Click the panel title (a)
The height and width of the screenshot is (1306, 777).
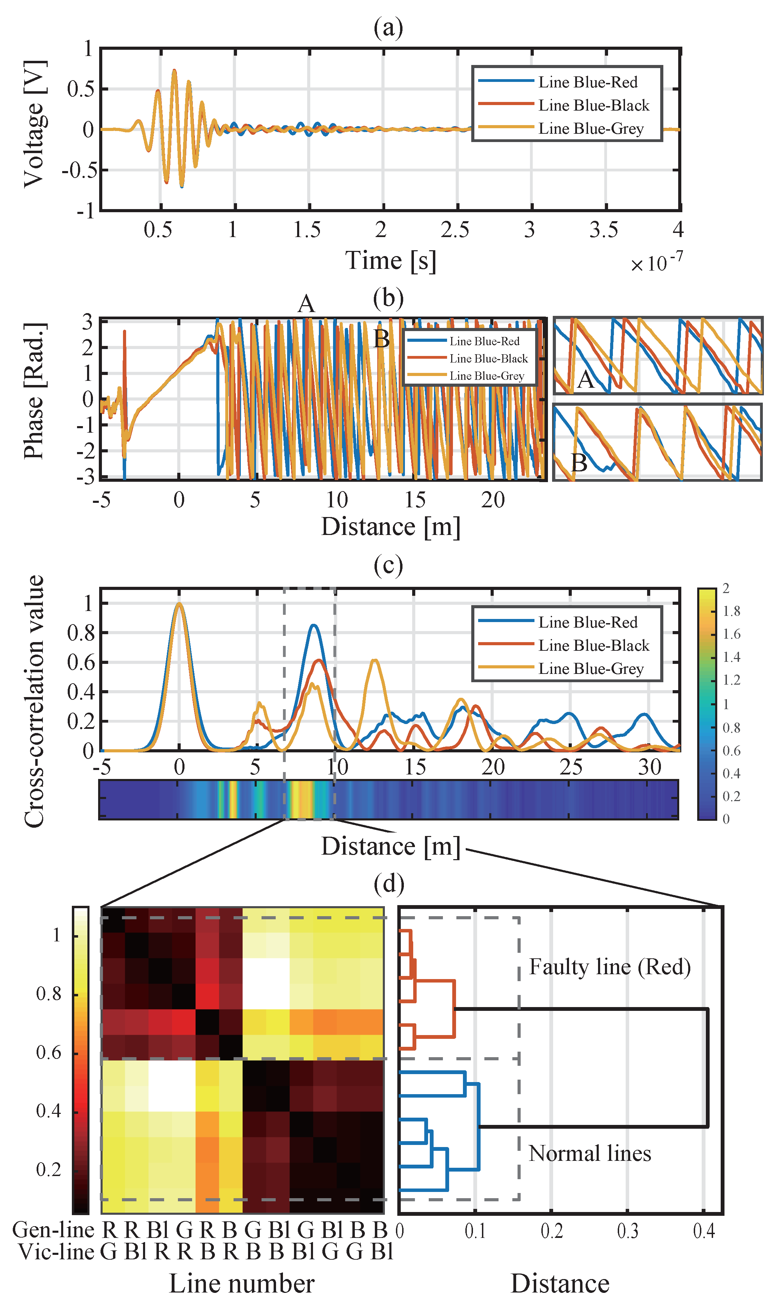(388, 27)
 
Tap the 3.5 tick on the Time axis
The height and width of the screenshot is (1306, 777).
(603, 230)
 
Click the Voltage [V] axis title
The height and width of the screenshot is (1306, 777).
(35, 124)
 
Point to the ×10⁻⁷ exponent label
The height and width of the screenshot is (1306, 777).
(656, 262)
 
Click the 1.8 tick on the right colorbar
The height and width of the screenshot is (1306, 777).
(731, 611)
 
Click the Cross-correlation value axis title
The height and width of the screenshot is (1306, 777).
(35, 702)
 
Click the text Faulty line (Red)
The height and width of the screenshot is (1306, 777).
(609, 967)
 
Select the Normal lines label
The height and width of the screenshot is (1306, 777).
(589, 1153)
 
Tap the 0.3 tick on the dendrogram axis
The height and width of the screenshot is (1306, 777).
(627, 1231)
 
